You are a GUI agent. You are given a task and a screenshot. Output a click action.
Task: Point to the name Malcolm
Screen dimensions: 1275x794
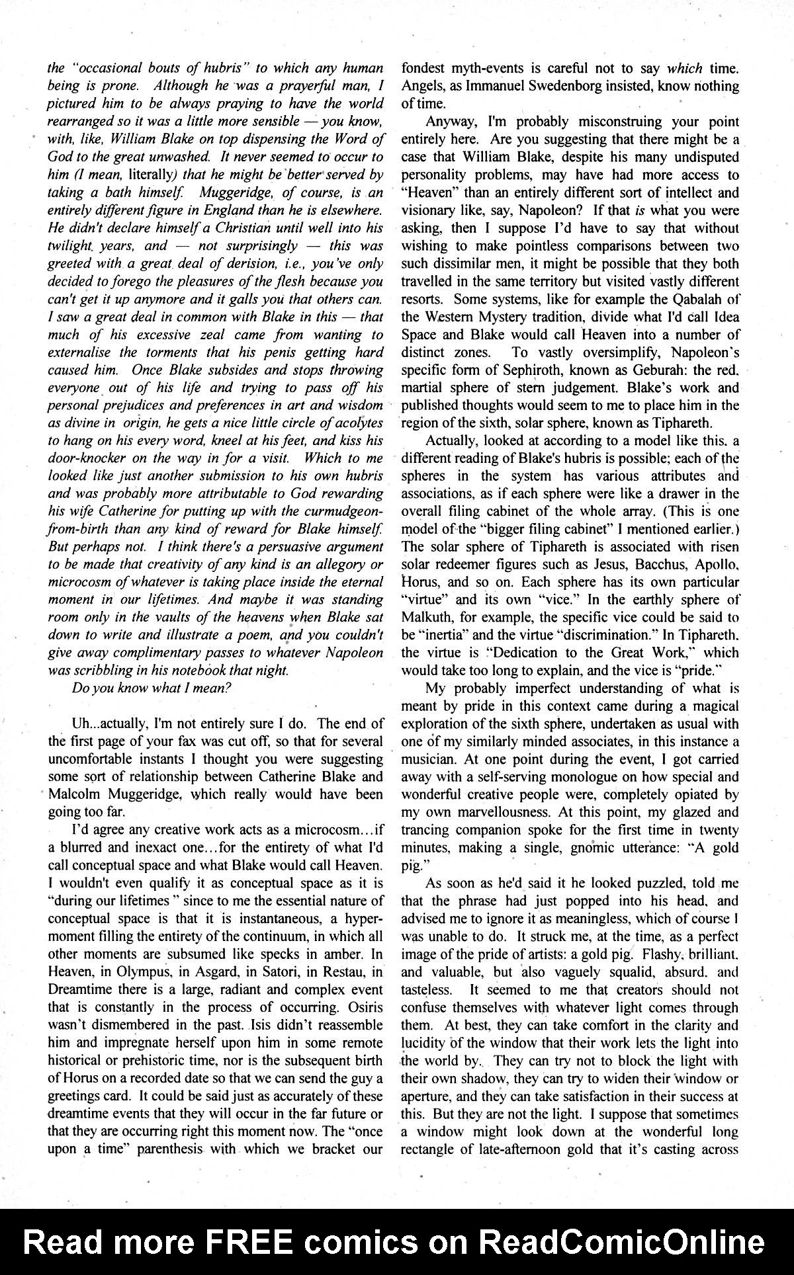point(80,794)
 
